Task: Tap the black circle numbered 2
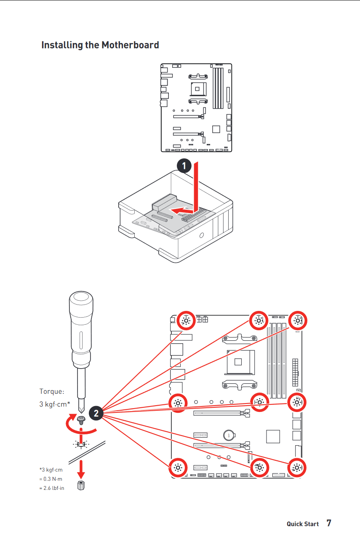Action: (96, 413)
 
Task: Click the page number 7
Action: (329, 523)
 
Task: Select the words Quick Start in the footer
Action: (303, 524)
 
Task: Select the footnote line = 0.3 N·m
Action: (51, 479)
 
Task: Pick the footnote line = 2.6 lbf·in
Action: (52, 488)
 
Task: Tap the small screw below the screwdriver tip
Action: (81, 419)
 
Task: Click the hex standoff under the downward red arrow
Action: (81, 485)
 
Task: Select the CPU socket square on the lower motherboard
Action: (238, 361)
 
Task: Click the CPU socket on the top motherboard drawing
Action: (198, 89)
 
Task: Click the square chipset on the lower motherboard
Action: (273, 436)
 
